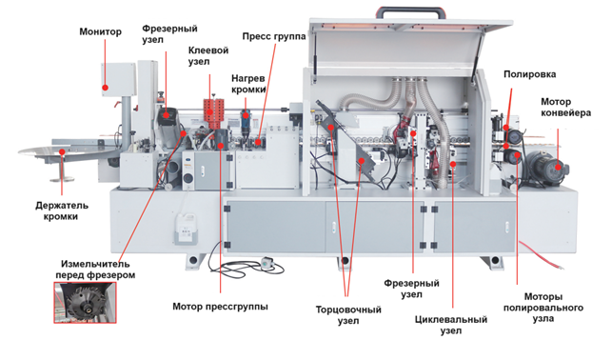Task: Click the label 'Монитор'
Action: click(100, 31)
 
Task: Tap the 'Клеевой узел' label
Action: click(208, 56)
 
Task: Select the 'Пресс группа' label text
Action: click(274, 37)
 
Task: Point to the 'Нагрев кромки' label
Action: click(248, 84)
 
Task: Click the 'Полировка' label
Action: click(529, 74)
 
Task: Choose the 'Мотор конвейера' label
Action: click(565, 108)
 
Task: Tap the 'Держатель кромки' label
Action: click(62, 210)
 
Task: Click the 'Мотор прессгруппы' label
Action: click(220, 307)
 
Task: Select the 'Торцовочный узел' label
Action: click(348, 315)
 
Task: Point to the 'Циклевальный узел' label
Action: click(451, 325)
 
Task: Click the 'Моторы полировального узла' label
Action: click(543, 308)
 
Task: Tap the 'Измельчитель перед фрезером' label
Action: click(95, 270)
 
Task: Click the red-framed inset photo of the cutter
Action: click(85, 303)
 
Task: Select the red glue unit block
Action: click(214, 113)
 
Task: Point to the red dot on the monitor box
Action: click(105, 88)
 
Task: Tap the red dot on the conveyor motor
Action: click(558, 168)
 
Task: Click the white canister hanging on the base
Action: click(185, 229)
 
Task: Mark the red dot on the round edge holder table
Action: click(62, 151)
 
